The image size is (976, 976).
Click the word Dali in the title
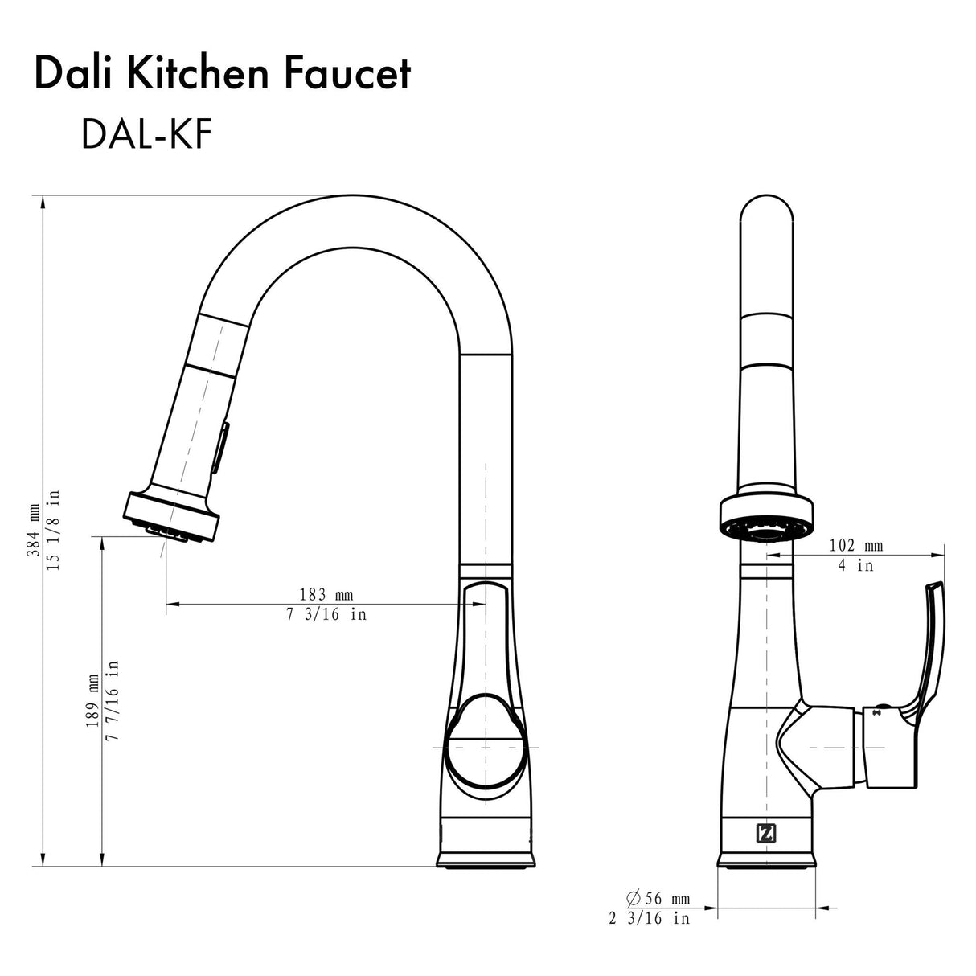(71, 74)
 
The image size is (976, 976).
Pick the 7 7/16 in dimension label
(113, 702)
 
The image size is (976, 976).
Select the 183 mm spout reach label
(326, 595)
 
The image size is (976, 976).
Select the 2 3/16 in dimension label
(649, 918)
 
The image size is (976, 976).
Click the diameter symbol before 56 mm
(633, 898)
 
